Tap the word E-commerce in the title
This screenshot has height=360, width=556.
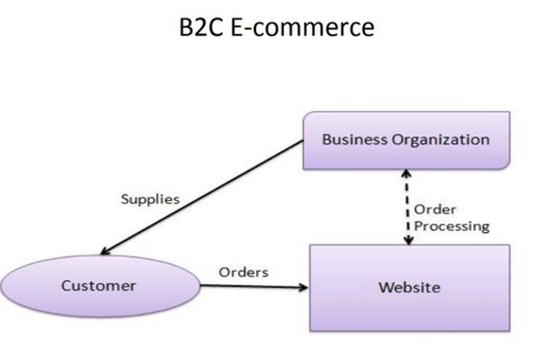302,29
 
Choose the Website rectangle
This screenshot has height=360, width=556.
408,287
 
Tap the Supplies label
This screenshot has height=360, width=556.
151,199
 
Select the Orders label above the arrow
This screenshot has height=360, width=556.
244,272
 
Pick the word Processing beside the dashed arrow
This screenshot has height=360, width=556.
452,226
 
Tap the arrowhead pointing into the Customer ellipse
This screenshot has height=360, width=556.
104,251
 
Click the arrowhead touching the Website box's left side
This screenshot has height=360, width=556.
303,287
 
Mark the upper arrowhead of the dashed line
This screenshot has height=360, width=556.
407,174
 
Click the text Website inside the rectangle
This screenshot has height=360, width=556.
408,287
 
